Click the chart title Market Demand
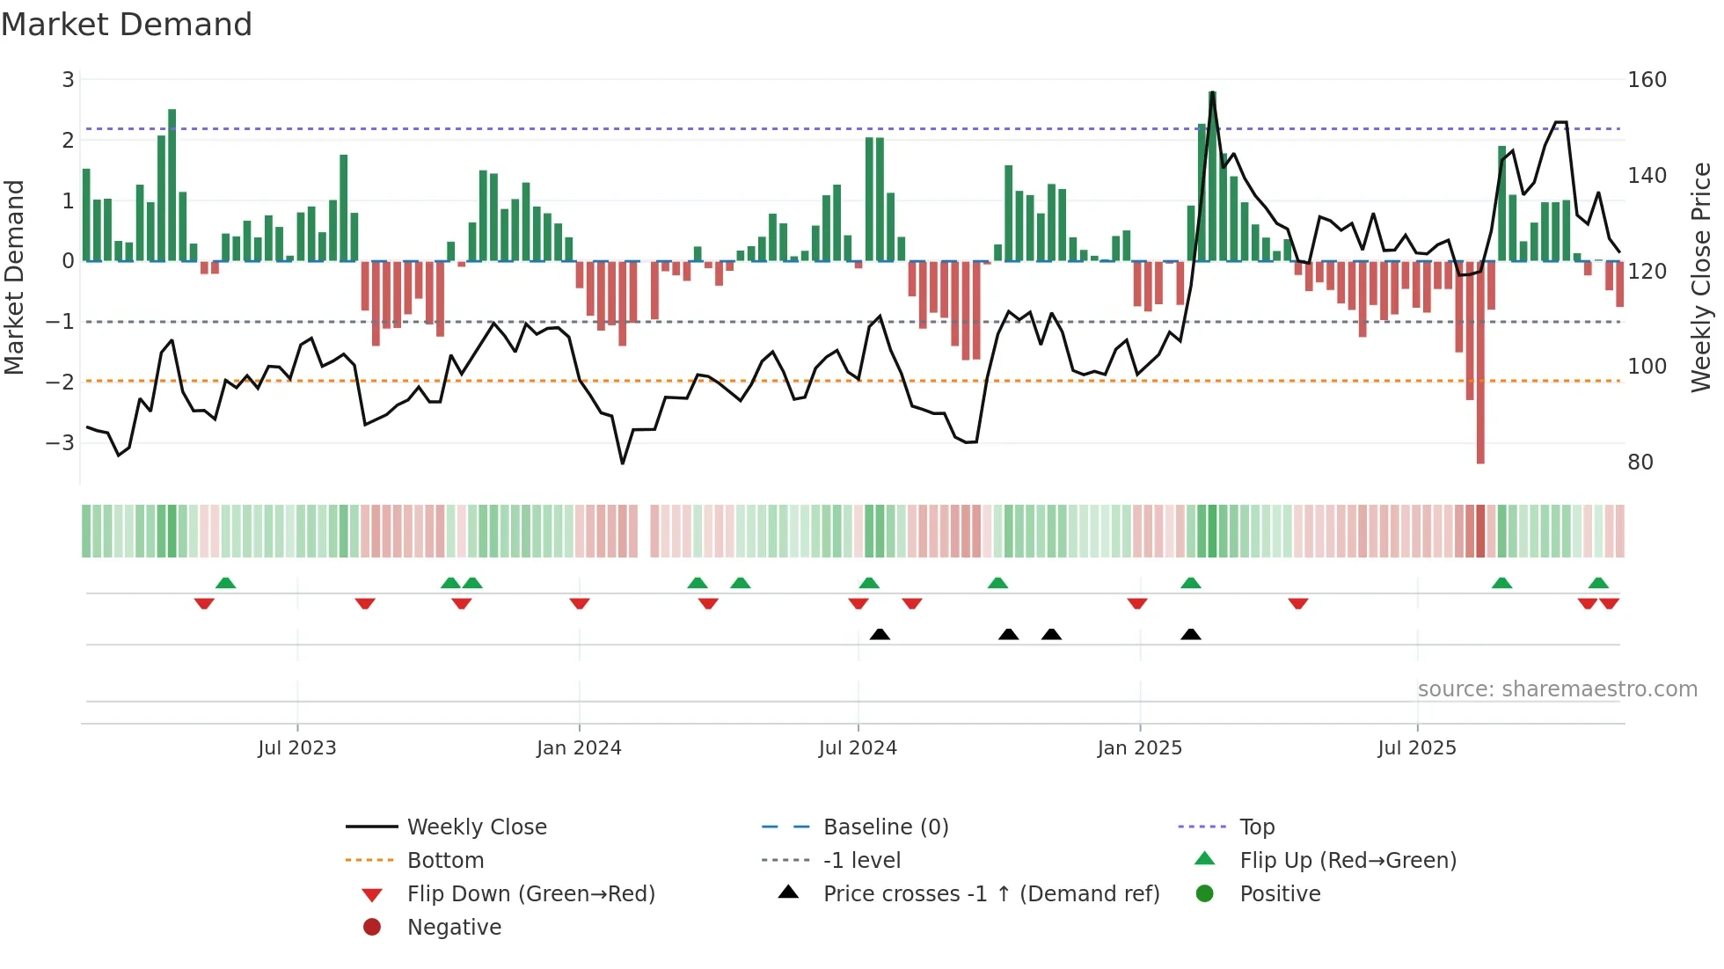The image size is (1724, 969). point(127,25)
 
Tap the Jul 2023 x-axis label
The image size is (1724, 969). point(296,748)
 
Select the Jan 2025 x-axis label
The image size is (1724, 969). point(1139,748)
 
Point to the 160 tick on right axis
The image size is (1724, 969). point(1647,80)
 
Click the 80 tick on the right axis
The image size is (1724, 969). point(1640,463)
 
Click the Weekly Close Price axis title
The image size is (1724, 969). point(1701,277)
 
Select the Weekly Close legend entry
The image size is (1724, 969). point(476,827)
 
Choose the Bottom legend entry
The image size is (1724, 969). point(445,861)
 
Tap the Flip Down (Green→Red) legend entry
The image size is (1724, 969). point(530,894)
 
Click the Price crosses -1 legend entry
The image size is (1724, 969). point(990,894)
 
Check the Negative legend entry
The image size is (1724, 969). point(454,928)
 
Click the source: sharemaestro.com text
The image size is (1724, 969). point(1557,689)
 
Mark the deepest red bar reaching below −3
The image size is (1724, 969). point(1480,369)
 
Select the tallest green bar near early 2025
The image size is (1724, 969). point(1212,176)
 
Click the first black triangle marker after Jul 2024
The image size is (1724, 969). point(880,634)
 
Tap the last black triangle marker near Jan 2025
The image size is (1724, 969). point(1191,634)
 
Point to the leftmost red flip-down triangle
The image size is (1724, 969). point(204,603)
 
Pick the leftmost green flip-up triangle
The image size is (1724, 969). point(225,583)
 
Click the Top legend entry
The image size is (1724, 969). point(1256,827)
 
